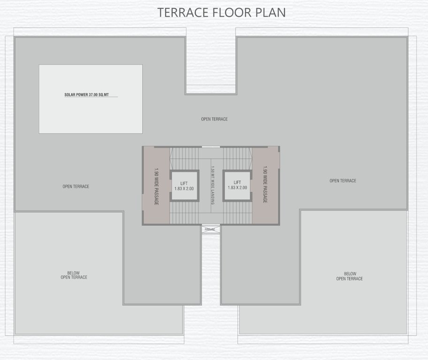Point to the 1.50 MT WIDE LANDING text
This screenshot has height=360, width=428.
coord(212,185)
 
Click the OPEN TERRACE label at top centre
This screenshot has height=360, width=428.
coord(214,119)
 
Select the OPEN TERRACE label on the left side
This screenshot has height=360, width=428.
coord(76,187)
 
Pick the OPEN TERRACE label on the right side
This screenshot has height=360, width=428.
coord(343,181)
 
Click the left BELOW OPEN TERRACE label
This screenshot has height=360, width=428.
coord(74,275)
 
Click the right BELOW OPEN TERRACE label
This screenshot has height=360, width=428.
coord(350,276)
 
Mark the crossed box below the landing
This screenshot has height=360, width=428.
coord(211,230)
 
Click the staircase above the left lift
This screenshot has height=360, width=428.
coord(184,157)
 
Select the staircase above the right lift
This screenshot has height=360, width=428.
coord(237,157)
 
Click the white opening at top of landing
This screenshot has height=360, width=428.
coord(211,147)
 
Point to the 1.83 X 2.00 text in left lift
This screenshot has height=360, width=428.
coord(184,188)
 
